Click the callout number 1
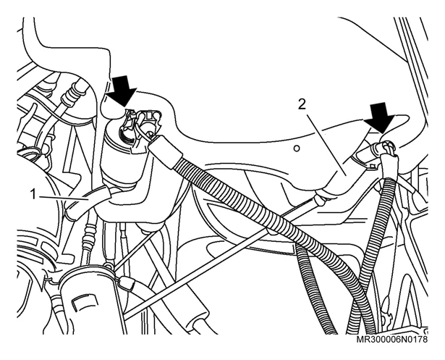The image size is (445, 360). pos(33,195)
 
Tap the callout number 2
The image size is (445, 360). pos(302,105)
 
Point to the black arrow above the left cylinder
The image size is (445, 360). pos(124,91)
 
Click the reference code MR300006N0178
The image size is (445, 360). pos(391,340)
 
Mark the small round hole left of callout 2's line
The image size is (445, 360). pos(296,148)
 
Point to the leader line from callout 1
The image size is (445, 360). pos(63,198)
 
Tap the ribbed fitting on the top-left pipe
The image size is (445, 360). pos(72,91)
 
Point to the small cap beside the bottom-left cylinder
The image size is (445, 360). pos(127,283)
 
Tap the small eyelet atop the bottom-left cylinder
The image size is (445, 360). pos(107,266)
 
